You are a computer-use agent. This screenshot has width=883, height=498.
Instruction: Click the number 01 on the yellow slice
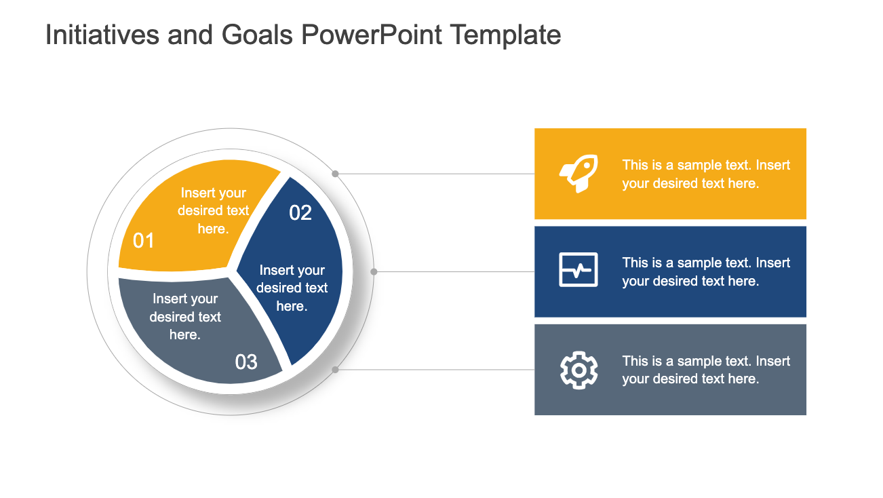(x=144, y=241)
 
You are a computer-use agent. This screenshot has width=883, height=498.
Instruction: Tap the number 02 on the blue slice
(x=300, y=213)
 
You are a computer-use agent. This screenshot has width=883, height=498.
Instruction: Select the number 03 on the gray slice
(x=246, y=362)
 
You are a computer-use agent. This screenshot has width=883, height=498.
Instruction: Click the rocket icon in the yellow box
(x=578, y=174)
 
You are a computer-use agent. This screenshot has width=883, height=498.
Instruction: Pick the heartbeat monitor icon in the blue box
(x=578, y=270)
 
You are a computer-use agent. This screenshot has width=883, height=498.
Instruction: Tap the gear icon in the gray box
(x=578, y=370)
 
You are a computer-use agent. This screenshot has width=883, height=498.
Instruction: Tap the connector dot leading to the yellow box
(x=335, y=174)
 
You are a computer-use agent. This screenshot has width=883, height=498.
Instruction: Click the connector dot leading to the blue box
(x=374, y=271)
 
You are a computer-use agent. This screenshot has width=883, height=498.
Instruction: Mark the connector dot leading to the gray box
(x=335, y=370)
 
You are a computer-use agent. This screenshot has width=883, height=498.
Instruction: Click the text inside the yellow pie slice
(x=213, y=211)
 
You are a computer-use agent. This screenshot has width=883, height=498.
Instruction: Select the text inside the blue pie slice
(x=292, y=288)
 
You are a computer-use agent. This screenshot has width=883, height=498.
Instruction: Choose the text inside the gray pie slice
(x=185, y=317)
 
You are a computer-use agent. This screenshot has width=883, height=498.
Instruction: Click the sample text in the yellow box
(x=706, y=174)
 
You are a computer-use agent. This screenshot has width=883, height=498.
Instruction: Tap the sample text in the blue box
(x=706, y=272)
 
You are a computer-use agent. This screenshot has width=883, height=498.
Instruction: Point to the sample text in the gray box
(x=706, y=370)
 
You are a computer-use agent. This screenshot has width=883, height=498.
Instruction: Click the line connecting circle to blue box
(x=454, y=271)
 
